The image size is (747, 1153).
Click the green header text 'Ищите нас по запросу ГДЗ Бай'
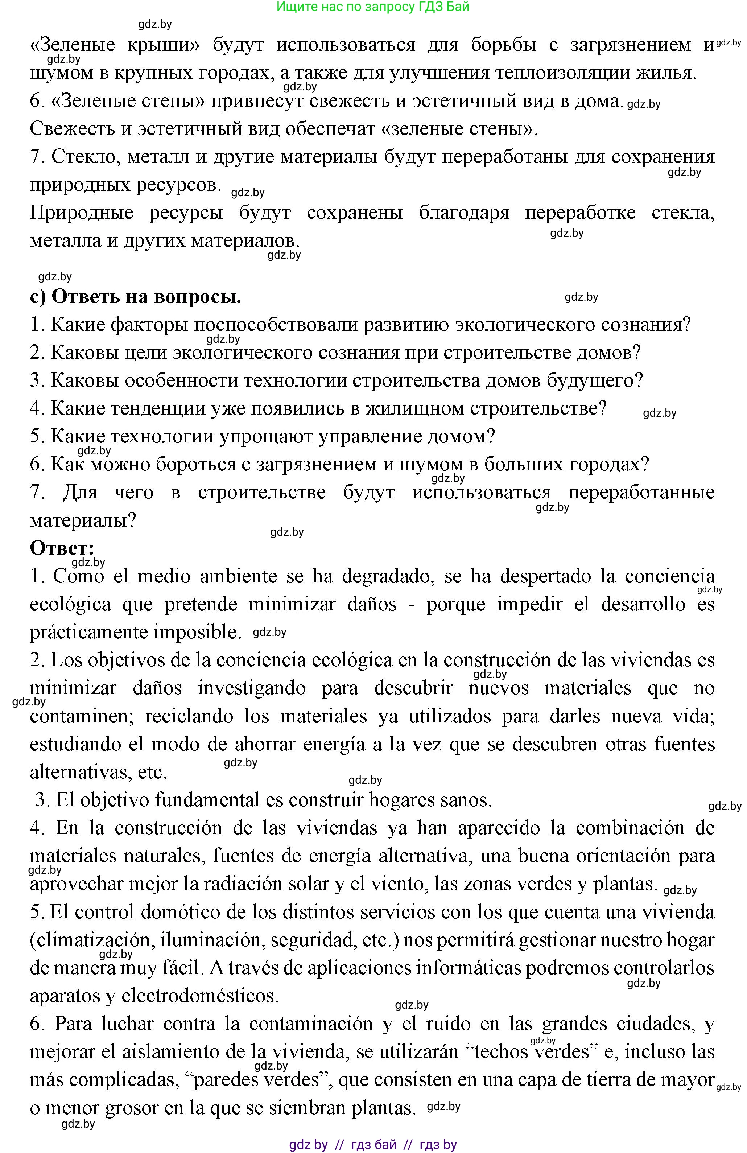(372, 7)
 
